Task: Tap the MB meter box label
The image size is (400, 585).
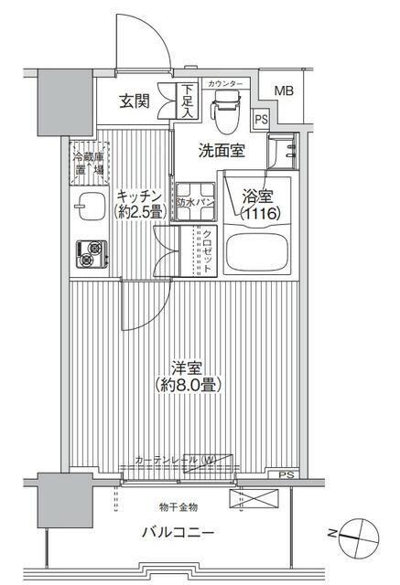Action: (x=285, y=90)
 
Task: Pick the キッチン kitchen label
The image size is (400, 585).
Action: (x=139, y=195)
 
